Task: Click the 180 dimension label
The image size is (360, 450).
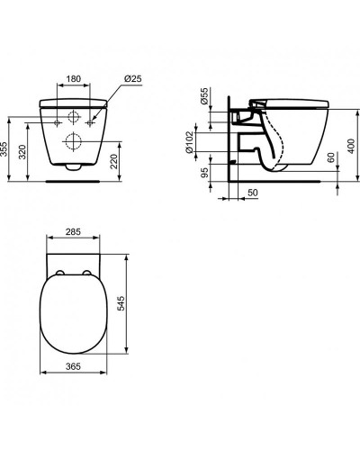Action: (x=74, y=79)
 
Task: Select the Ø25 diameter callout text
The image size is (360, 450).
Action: (x=132, y=79)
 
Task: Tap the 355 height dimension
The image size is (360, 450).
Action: (x=4, y=148)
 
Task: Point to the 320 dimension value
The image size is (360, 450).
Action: (x=22, y=152)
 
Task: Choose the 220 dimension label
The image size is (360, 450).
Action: (x=114, y=161)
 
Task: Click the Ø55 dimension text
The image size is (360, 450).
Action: (x=204, y=96)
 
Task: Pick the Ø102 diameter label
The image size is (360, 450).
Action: (x=189, y=142)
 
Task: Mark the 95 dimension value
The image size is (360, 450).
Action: (x=204, y=172)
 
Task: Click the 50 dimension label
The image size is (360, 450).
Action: (x=253, y=193)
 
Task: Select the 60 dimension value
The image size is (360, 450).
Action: (x=331, y=157)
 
